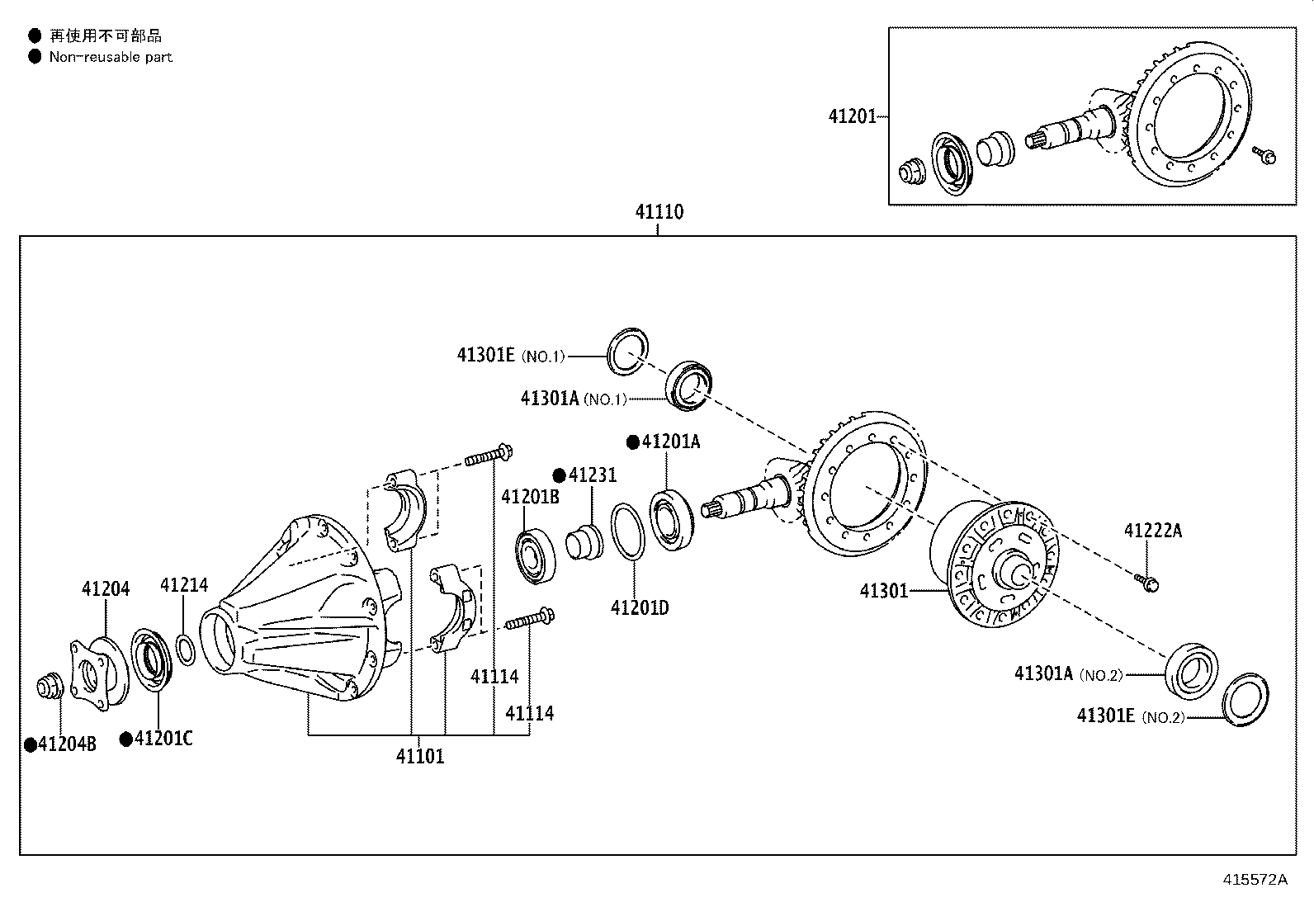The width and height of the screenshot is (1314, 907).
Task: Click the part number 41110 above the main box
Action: (659, 212)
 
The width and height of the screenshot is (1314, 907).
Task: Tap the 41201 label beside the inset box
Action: (852, 116)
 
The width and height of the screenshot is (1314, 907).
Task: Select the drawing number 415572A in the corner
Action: (1255, 879)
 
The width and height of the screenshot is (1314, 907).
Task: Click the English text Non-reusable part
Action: (111, 57)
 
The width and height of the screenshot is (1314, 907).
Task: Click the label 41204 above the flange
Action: (106, 588)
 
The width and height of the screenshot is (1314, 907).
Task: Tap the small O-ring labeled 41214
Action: (187, 649)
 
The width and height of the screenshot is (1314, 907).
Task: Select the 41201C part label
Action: (163, 739)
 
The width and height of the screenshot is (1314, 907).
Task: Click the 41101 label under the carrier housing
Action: (419, 756)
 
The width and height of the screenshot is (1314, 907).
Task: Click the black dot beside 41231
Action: (559, 475)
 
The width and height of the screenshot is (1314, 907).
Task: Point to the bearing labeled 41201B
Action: (536, 558)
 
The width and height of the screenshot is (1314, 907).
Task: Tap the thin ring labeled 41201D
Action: (629, 532)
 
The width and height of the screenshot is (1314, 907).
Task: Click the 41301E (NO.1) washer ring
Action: (628, 350)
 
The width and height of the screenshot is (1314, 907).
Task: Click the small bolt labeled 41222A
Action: (1147, 583)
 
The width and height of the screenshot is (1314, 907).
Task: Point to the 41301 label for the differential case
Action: (883, 591)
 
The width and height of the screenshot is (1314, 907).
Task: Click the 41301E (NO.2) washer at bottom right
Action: (1245, 701)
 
